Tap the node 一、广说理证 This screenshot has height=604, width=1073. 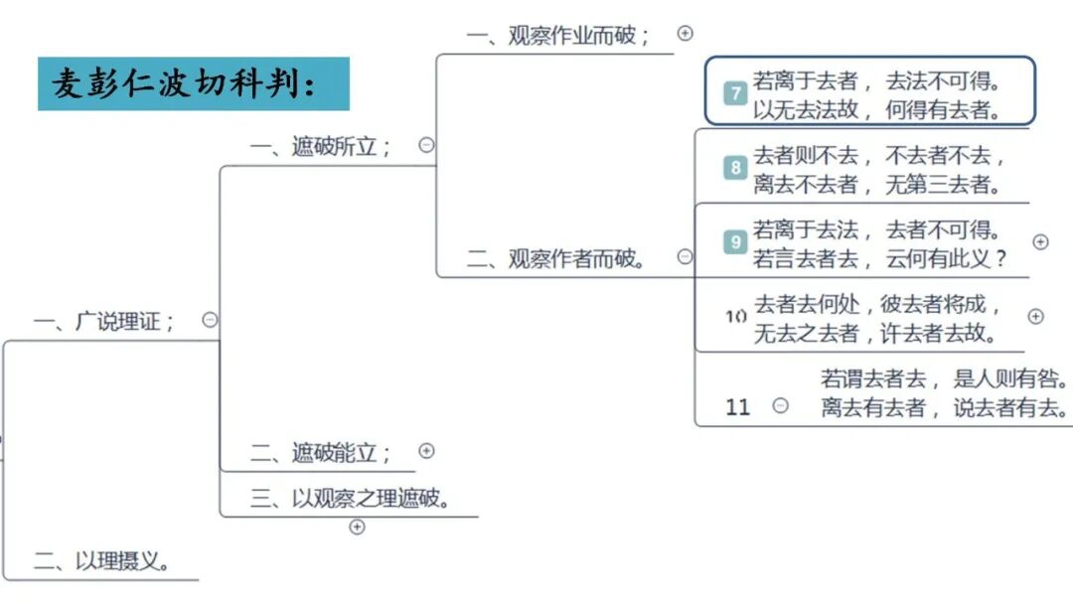coord(104,321)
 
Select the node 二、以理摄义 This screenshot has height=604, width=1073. coord(102,561)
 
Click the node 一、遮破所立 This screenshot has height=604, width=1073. coord(321,146)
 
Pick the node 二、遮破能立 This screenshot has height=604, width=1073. coord(321,453)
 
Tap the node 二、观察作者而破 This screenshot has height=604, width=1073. coord(558,258)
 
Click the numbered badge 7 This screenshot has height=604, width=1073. coord(735,94)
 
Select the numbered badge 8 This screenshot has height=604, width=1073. coord(735,167)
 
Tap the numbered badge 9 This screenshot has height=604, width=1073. coord(735,241)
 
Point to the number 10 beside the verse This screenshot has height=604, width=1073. coord(735,317)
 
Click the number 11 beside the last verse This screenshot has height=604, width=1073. coord(738,406)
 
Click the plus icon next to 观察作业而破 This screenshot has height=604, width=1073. coord(685,33)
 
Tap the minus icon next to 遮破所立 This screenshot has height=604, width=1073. coord(426,145)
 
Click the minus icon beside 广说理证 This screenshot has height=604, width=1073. coord(210,320)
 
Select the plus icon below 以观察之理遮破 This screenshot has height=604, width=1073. coord(358,527)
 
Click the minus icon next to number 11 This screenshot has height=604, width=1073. coord(781,405)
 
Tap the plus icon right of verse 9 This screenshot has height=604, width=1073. coord(1040,241)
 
